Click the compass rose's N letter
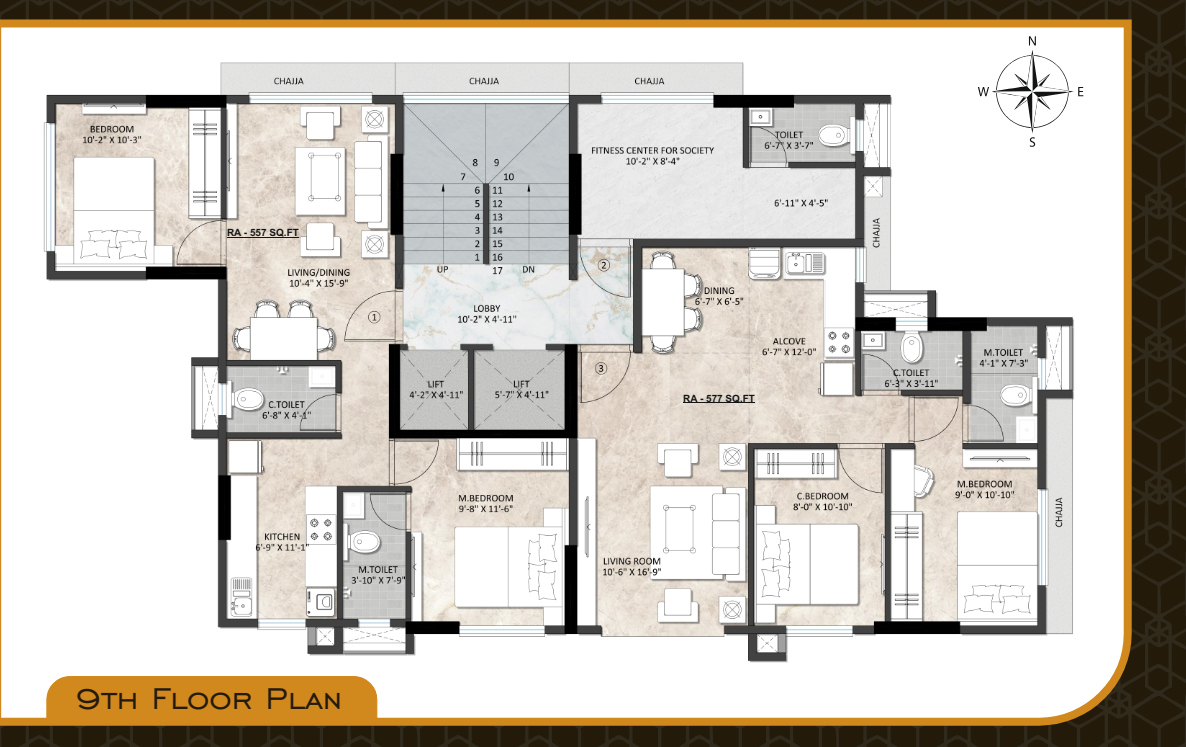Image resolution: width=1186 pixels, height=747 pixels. (x=1032, y=41)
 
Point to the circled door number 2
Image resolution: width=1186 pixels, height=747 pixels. (x=603, y=266)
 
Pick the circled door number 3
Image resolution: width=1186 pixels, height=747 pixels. (x=600, y=368)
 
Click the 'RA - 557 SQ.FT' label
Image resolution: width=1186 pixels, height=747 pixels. (x=264, y=232)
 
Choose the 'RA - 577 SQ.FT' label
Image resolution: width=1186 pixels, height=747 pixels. (x=718, y=398)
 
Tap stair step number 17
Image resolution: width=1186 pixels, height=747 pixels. (x=497, y=270)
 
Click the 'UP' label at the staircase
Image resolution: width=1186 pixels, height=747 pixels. (x=443, y=270)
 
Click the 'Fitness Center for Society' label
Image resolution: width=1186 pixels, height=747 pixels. (x=652, y=150)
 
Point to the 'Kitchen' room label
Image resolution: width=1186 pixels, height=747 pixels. (x=282, y=537)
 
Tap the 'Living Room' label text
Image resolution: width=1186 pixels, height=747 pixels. (x=631, y=561)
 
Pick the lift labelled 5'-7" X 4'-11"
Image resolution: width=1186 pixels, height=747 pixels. (x=520, y=388)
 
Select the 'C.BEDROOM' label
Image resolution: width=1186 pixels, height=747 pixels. (x=822, y=496)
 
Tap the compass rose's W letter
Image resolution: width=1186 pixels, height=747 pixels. (x=984, y=91)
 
